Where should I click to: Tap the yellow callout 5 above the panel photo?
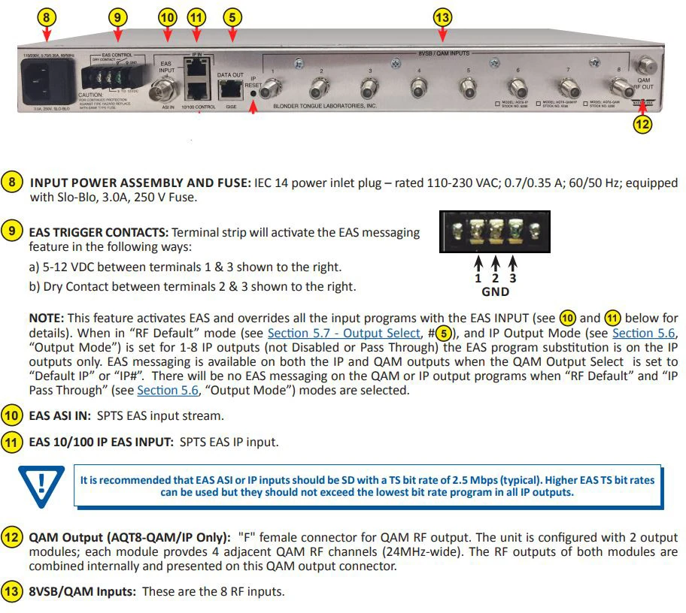coord(232,16)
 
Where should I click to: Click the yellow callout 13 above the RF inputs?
coord(443,16)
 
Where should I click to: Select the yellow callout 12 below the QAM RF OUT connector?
coord(642,125)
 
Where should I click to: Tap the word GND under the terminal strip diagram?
coord(495,291)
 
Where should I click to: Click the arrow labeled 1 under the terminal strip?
coord(478,266)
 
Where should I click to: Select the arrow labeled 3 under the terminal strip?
coord(512,266)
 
